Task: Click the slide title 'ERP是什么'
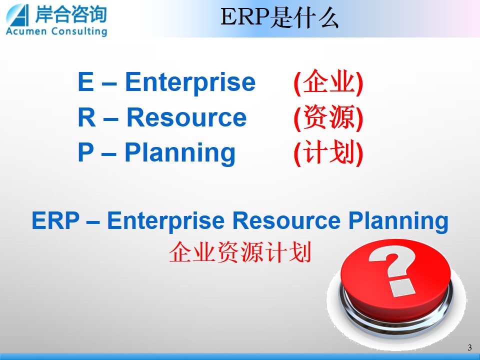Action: [x=279, y=17]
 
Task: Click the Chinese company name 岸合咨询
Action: [x=70, y=14]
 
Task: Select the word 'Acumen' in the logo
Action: [x=26, y=31]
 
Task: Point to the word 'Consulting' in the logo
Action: [x=79, y=31]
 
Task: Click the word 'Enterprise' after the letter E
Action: [x=190, y=81]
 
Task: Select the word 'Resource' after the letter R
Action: [x=186, y=117]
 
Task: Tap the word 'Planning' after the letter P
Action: [x=180, y=153]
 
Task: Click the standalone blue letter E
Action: [x=85, y=81]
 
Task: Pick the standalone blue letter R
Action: [x=86, y=117]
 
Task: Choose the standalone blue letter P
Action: [x=85, y=152]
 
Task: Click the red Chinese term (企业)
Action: [x=328, y=82]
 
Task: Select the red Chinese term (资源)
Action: [x=328, y=117]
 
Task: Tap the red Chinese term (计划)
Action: [x=328, y=153]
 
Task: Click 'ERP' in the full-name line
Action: [x=55, y=220]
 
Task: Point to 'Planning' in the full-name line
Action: [x=398, y=221]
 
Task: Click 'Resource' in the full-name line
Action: [x=286, y=220]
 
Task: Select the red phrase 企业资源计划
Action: [x=240, y=252]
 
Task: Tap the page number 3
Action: [x=469, y=347]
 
